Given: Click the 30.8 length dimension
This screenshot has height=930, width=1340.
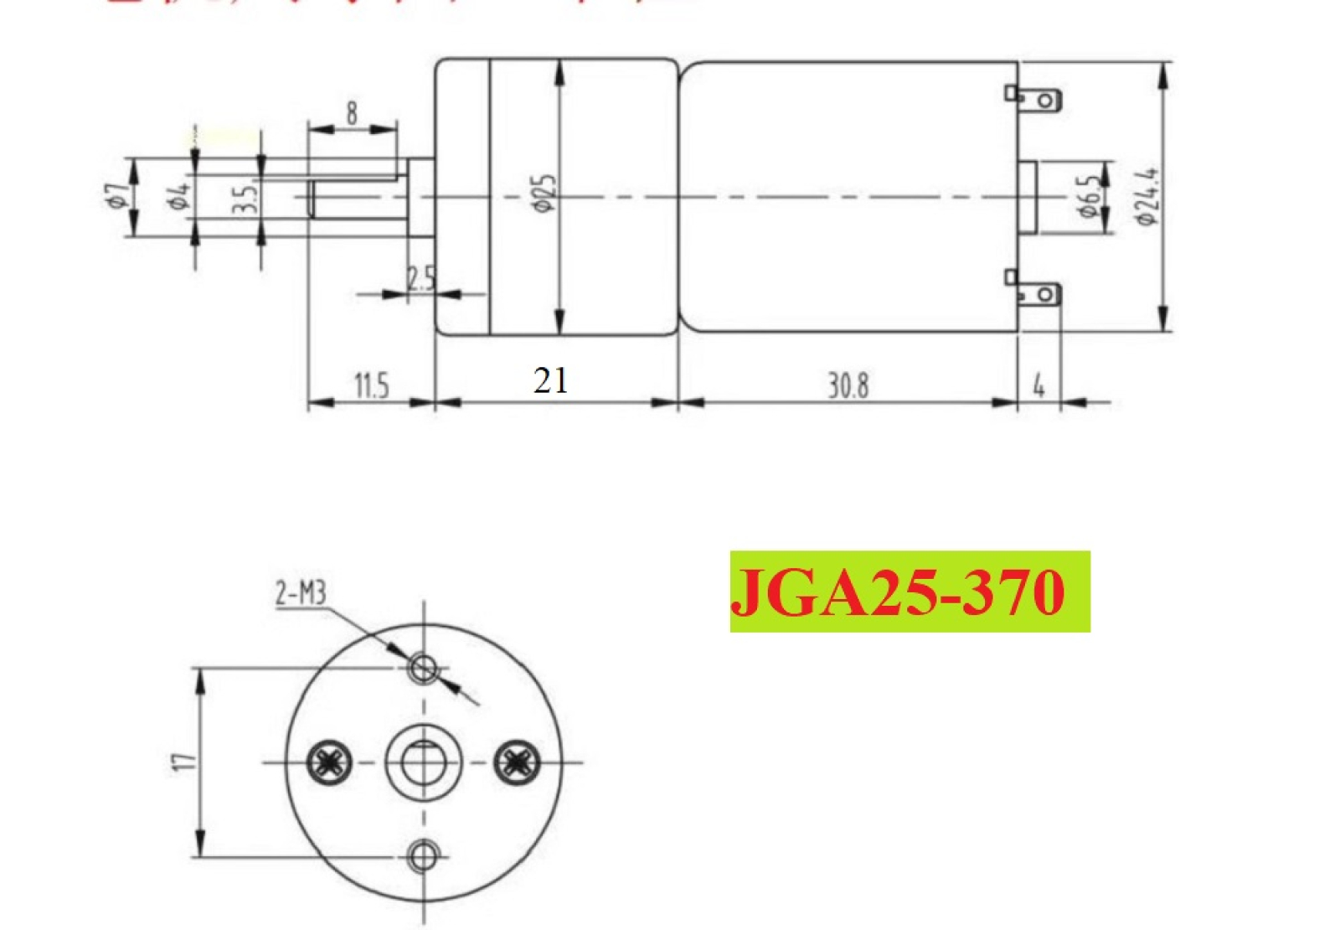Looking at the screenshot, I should click(x=848, y=385).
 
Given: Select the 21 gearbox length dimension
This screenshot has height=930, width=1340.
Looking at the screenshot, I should click(x=550, y=381).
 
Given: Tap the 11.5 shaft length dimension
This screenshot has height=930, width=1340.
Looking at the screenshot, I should click(x=371, y=386).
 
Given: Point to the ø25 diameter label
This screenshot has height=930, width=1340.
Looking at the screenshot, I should click(x=544, y=194).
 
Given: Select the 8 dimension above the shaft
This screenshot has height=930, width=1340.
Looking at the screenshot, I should click(x=351, y=113).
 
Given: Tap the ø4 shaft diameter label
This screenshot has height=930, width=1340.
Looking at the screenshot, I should click(x=178, y=196).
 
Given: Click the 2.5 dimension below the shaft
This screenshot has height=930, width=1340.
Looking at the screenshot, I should click(x=421, y=279).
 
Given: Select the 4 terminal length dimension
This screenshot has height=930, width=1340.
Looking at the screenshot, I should click(x=1039, y=386).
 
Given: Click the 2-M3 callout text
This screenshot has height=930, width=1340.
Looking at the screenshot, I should click(x=300, y=594).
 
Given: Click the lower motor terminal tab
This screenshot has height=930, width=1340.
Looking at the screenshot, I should click(x=1038, y=295).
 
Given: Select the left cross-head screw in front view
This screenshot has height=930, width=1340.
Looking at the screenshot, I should click(x=328, y=762).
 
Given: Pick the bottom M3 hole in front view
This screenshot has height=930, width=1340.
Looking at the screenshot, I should click(x=424, y=856).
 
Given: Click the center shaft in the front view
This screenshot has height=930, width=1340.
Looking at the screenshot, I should click(x=424, y=762).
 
